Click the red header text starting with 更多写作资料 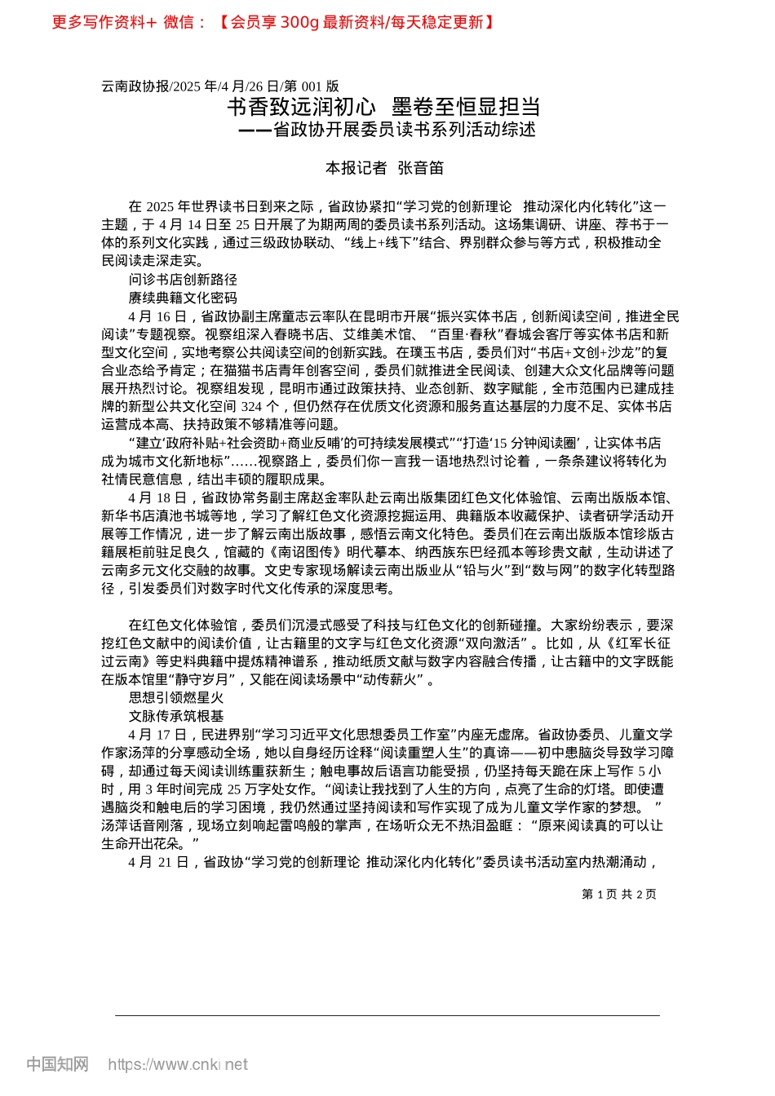pos(273,22)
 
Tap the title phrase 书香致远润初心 pos(301,107)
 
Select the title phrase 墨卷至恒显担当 pos(466,107)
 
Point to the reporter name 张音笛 pos(420,168)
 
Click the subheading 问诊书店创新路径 pos(183,280)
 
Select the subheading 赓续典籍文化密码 pos(183,298)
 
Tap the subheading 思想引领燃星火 pos(176,698)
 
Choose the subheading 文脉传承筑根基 pos(176,716)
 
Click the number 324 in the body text pos(251,406)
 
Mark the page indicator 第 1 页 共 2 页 pos(618,895)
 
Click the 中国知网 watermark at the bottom pos(57,1064)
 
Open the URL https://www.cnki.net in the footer pos(178,1064)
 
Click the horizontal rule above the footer pos(387,1015)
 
